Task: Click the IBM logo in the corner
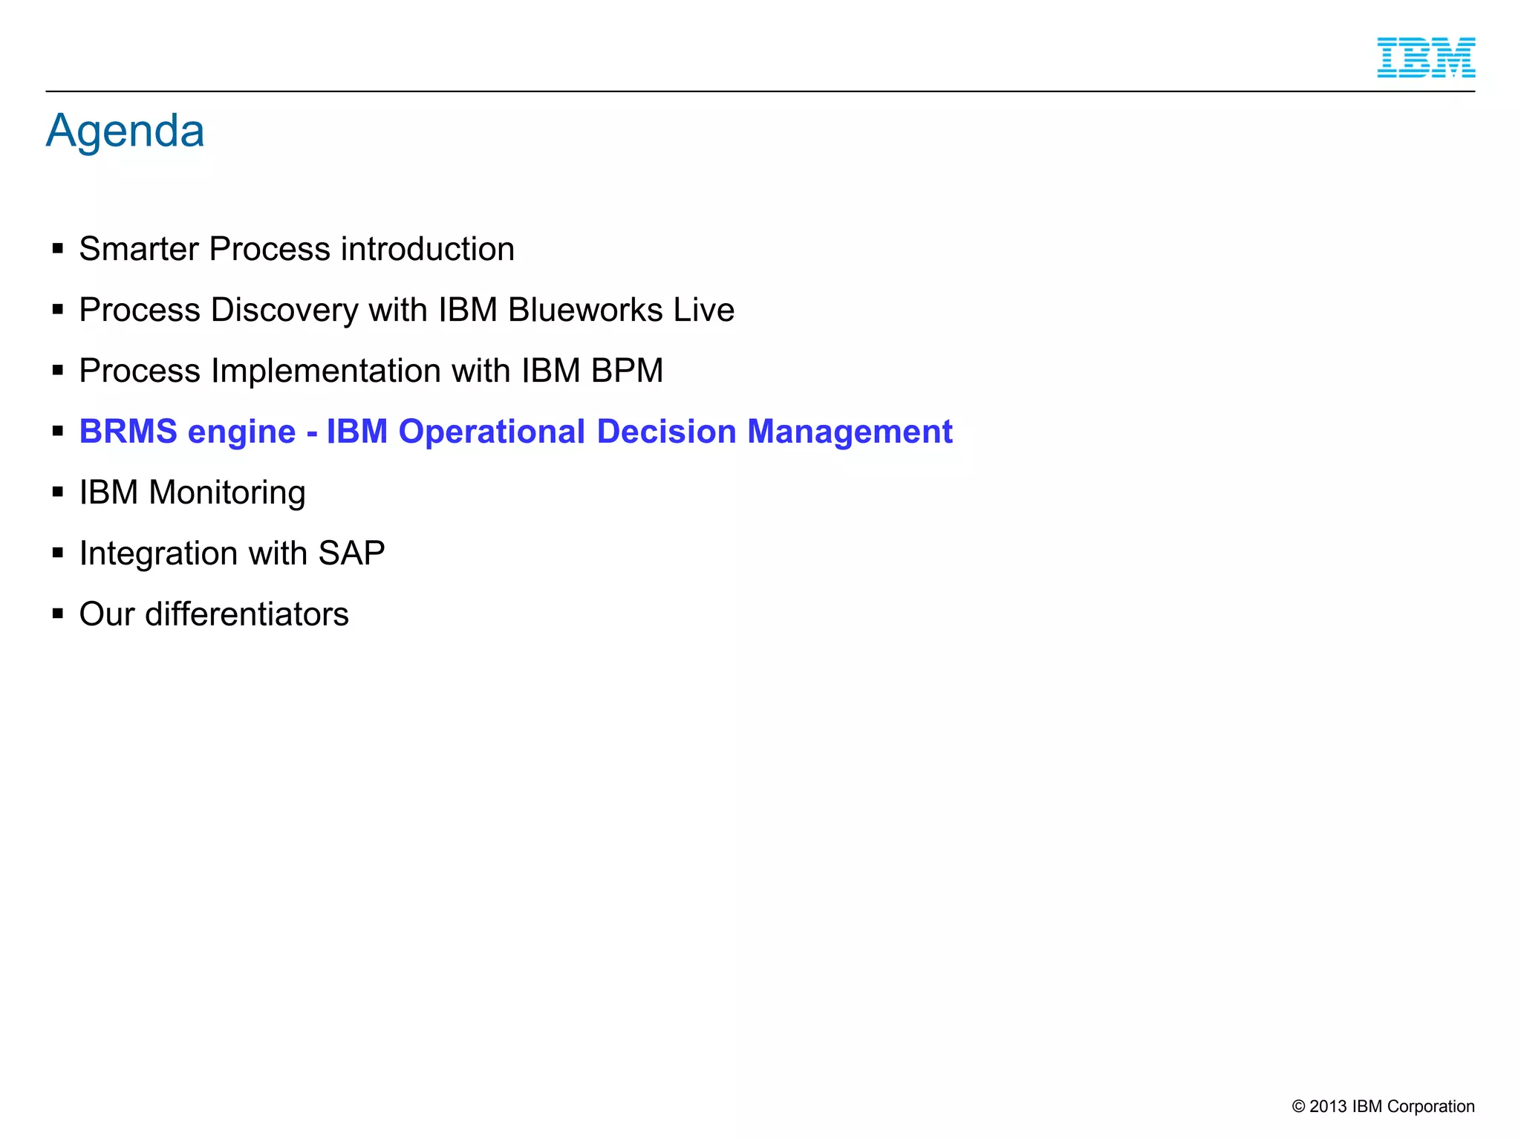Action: click(x=1425, y=58)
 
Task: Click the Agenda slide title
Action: click(x=125, y=131)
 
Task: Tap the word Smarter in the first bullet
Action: click(x=139, y=249)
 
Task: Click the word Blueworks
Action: click(x=585, y=310)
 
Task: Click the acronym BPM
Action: click(x=627, y=371)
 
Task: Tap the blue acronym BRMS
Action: click(x=128, y=432)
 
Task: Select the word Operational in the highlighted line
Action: click(x=492, y=432)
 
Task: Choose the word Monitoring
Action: click(x=227, y=493)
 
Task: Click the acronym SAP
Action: click(x=351, y=553)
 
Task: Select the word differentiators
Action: click(x=247, y=614)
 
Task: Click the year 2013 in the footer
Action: click(x=1327, y=1106)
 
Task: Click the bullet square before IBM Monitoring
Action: click(x=58, y=491)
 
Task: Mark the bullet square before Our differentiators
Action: click(x=58, y=613)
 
